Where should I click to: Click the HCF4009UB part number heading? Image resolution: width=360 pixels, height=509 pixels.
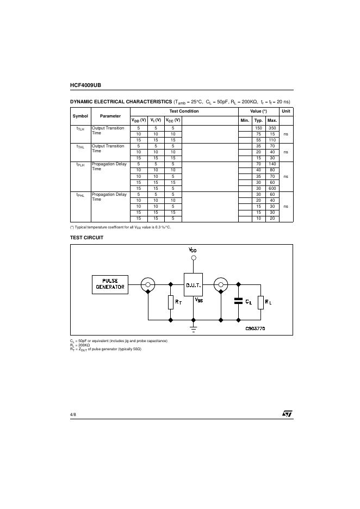[85, 85]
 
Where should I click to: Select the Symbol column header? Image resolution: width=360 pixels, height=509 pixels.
[80, 116]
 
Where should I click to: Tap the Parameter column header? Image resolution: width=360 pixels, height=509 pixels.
[110, 116]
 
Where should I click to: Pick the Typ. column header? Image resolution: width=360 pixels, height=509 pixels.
[258, 120]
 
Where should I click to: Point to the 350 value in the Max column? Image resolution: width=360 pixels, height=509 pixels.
[272, 128]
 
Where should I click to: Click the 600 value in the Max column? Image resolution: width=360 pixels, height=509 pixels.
[272, 188]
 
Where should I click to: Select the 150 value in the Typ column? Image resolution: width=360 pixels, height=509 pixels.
[258, 128]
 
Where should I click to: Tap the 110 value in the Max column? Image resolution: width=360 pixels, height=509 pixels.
[272, 140]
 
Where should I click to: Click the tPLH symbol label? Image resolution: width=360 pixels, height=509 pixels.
[80, 164]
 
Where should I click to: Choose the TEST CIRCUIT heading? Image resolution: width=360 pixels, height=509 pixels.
[86, 237]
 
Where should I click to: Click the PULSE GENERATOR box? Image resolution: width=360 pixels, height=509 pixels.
[110, 284]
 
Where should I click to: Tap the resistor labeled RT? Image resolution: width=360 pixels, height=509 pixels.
[171, 302]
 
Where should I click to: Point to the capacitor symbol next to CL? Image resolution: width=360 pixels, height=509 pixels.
[237, 301]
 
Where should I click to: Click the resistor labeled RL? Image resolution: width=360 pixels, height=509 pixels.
[260, 302]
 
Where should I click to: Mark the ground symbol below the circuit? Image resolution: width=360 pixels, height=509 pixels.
[194, 328]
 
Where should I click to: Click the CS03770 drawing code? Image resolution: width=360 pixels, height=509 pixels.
[255, 328]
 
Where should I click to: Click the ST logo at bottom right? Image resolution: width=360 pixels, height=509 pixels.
[287, 414]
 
